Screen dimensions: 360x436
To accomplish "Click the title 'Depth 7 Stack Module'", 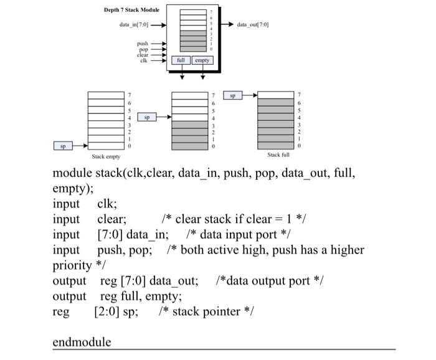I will (x=131, y=10).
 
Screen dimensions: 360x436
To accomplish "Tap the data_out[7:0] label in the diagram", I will (x=253, y=26).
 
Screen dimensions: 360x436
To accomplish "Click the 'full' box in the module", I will (x=181, y=61).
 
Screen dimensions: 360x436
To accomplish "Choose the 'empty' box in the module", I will (x=202, y=61).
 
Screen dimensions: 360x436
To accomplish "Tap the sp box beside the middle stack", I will (x=148, y=116).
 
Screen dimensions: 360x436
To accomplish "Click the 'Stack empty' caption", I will (x=106, y=158).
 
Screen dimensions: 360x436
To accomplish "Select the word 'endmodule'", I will (x=82, y=342).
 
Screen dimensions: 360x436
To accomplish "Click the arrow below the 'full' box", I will (x=181, y=75).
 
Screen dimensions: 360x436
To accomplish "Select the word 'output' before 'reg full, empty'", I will (x=69, y=296).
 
